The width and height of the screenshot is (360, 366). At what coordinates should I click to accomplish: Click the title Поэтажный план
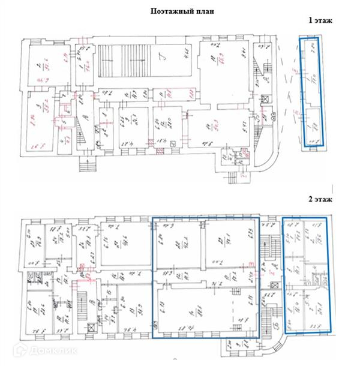(179, 10)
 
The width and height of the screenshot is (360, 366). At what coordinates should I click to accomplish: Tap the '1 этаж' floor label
(320, 20)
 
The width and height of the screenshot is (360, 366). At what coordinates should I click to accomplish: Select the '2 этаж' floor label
(320, 197)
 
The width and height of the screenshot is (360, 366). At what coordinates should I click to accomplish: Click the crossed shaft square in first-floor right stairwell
(262, 98)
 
